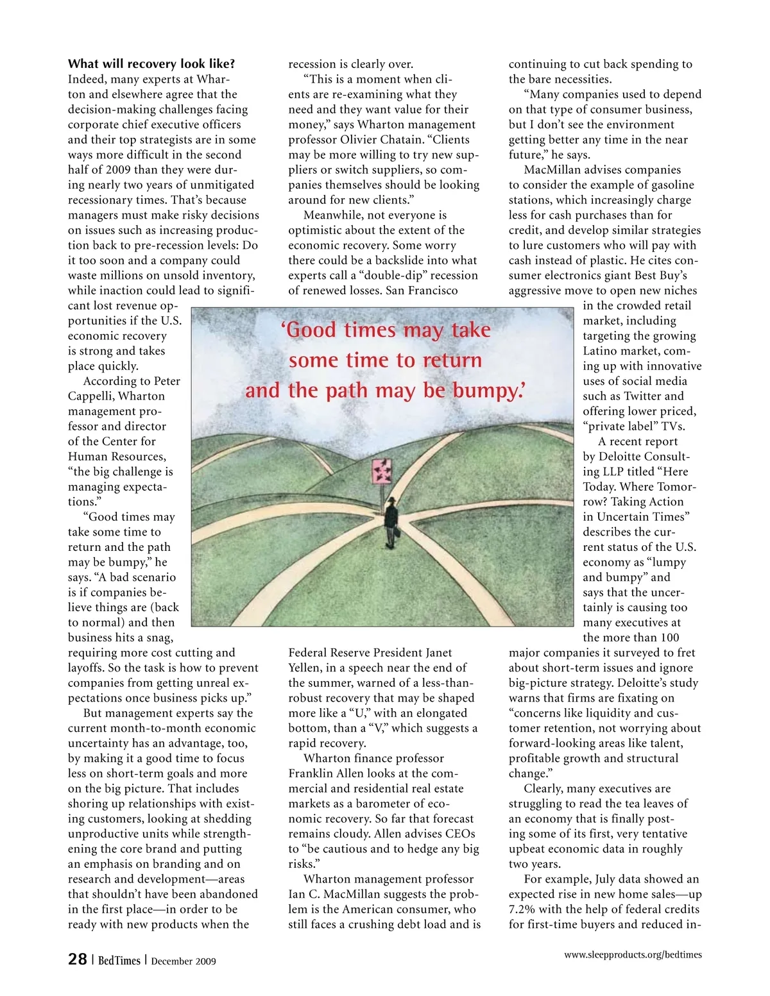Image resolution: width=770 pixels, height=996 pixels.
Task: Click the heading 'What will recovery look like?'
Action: point(151,64)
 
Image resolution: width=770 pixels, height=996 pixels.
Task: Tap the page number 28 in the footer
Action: point(78,959)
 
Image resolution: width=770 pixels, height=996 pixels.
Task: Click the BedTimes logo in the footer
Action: point(119,960)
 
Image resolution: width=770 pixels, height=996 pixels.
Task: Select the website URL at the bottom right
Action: point(633,955)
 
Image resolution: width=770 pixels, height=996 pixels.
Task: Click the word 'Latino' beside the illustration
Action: point(601,351)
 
